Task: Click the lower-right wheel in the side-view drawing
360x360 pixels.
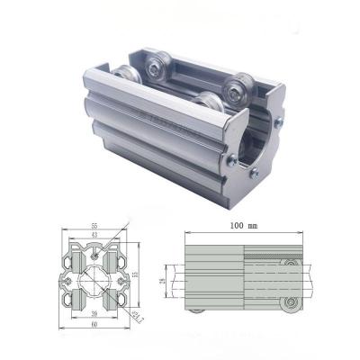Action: [289, 303]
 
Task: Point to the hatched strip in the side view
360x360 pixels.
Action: [270, 256]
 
